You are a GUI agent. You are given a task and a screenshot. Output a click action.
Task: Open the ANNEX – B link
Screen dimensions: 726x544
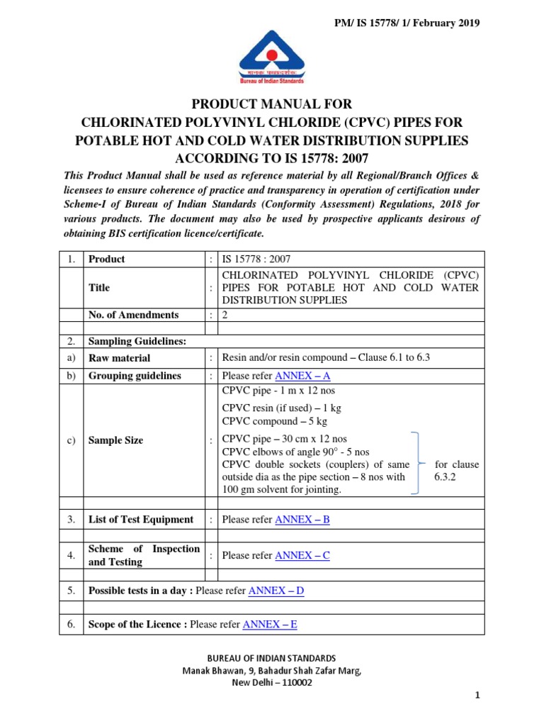pyautogui.click(x=302, y=520)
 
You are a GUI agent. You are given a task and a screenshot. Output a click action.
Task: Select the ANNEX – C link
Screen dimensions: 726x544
pyautogui.click(x=302, y=555)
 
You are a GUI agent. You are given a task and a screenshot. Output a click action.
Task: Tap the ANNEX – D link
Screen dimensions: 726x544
pyautogui.click(x=276, y=590)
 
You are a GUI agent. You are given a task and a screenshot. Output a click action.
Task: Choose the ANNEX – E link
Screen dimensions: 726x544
pyautogui.click(x=270, y=625)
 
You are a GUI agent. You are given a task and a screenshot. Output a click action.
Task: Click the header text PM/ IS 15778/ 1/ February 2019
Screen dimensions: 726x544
pyautogui.click(x=407, y=23)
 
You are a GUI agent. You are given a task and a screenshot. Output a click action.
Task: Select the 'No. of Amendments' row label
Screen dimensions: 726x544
pyautogui.click(x=133, y=315)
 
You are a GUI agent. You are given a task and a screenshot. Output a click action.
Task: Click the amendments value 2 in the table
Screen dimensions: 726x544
pyautogui.click(x=225, y=315)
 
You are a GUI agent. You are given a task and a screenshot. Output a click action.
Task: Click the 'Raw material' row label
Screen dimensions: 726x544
pyautogui.click(x=119, y=358)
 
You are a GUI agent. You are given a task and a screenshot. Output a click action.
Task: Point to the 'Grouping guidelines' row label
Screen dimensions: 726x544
pyautogui.click(x=135, y=376)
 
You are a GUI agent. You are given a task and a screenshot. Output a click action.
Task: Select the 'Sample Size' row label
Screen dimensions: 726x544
pyautogui.click(x=115, y=440)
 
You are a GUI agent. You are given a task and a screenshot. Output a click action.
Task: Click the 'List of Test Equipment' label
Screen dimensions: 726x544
pyautogui.click(x=140, y=520)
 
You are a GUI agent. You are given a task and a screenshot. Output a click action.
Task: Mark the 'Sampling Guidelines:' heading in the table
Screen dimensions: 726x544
pyautogui.click(x=137, y=341)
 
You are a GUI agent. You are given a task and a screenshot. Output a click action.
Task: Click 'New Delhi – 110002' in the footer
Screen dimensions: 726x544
pyautogui.click(x=272, y=683)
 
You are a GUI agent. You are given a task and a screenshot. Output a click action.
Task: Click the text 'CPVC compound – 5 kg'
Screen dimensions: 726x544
pyautogui.click(x=275, y=421)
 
